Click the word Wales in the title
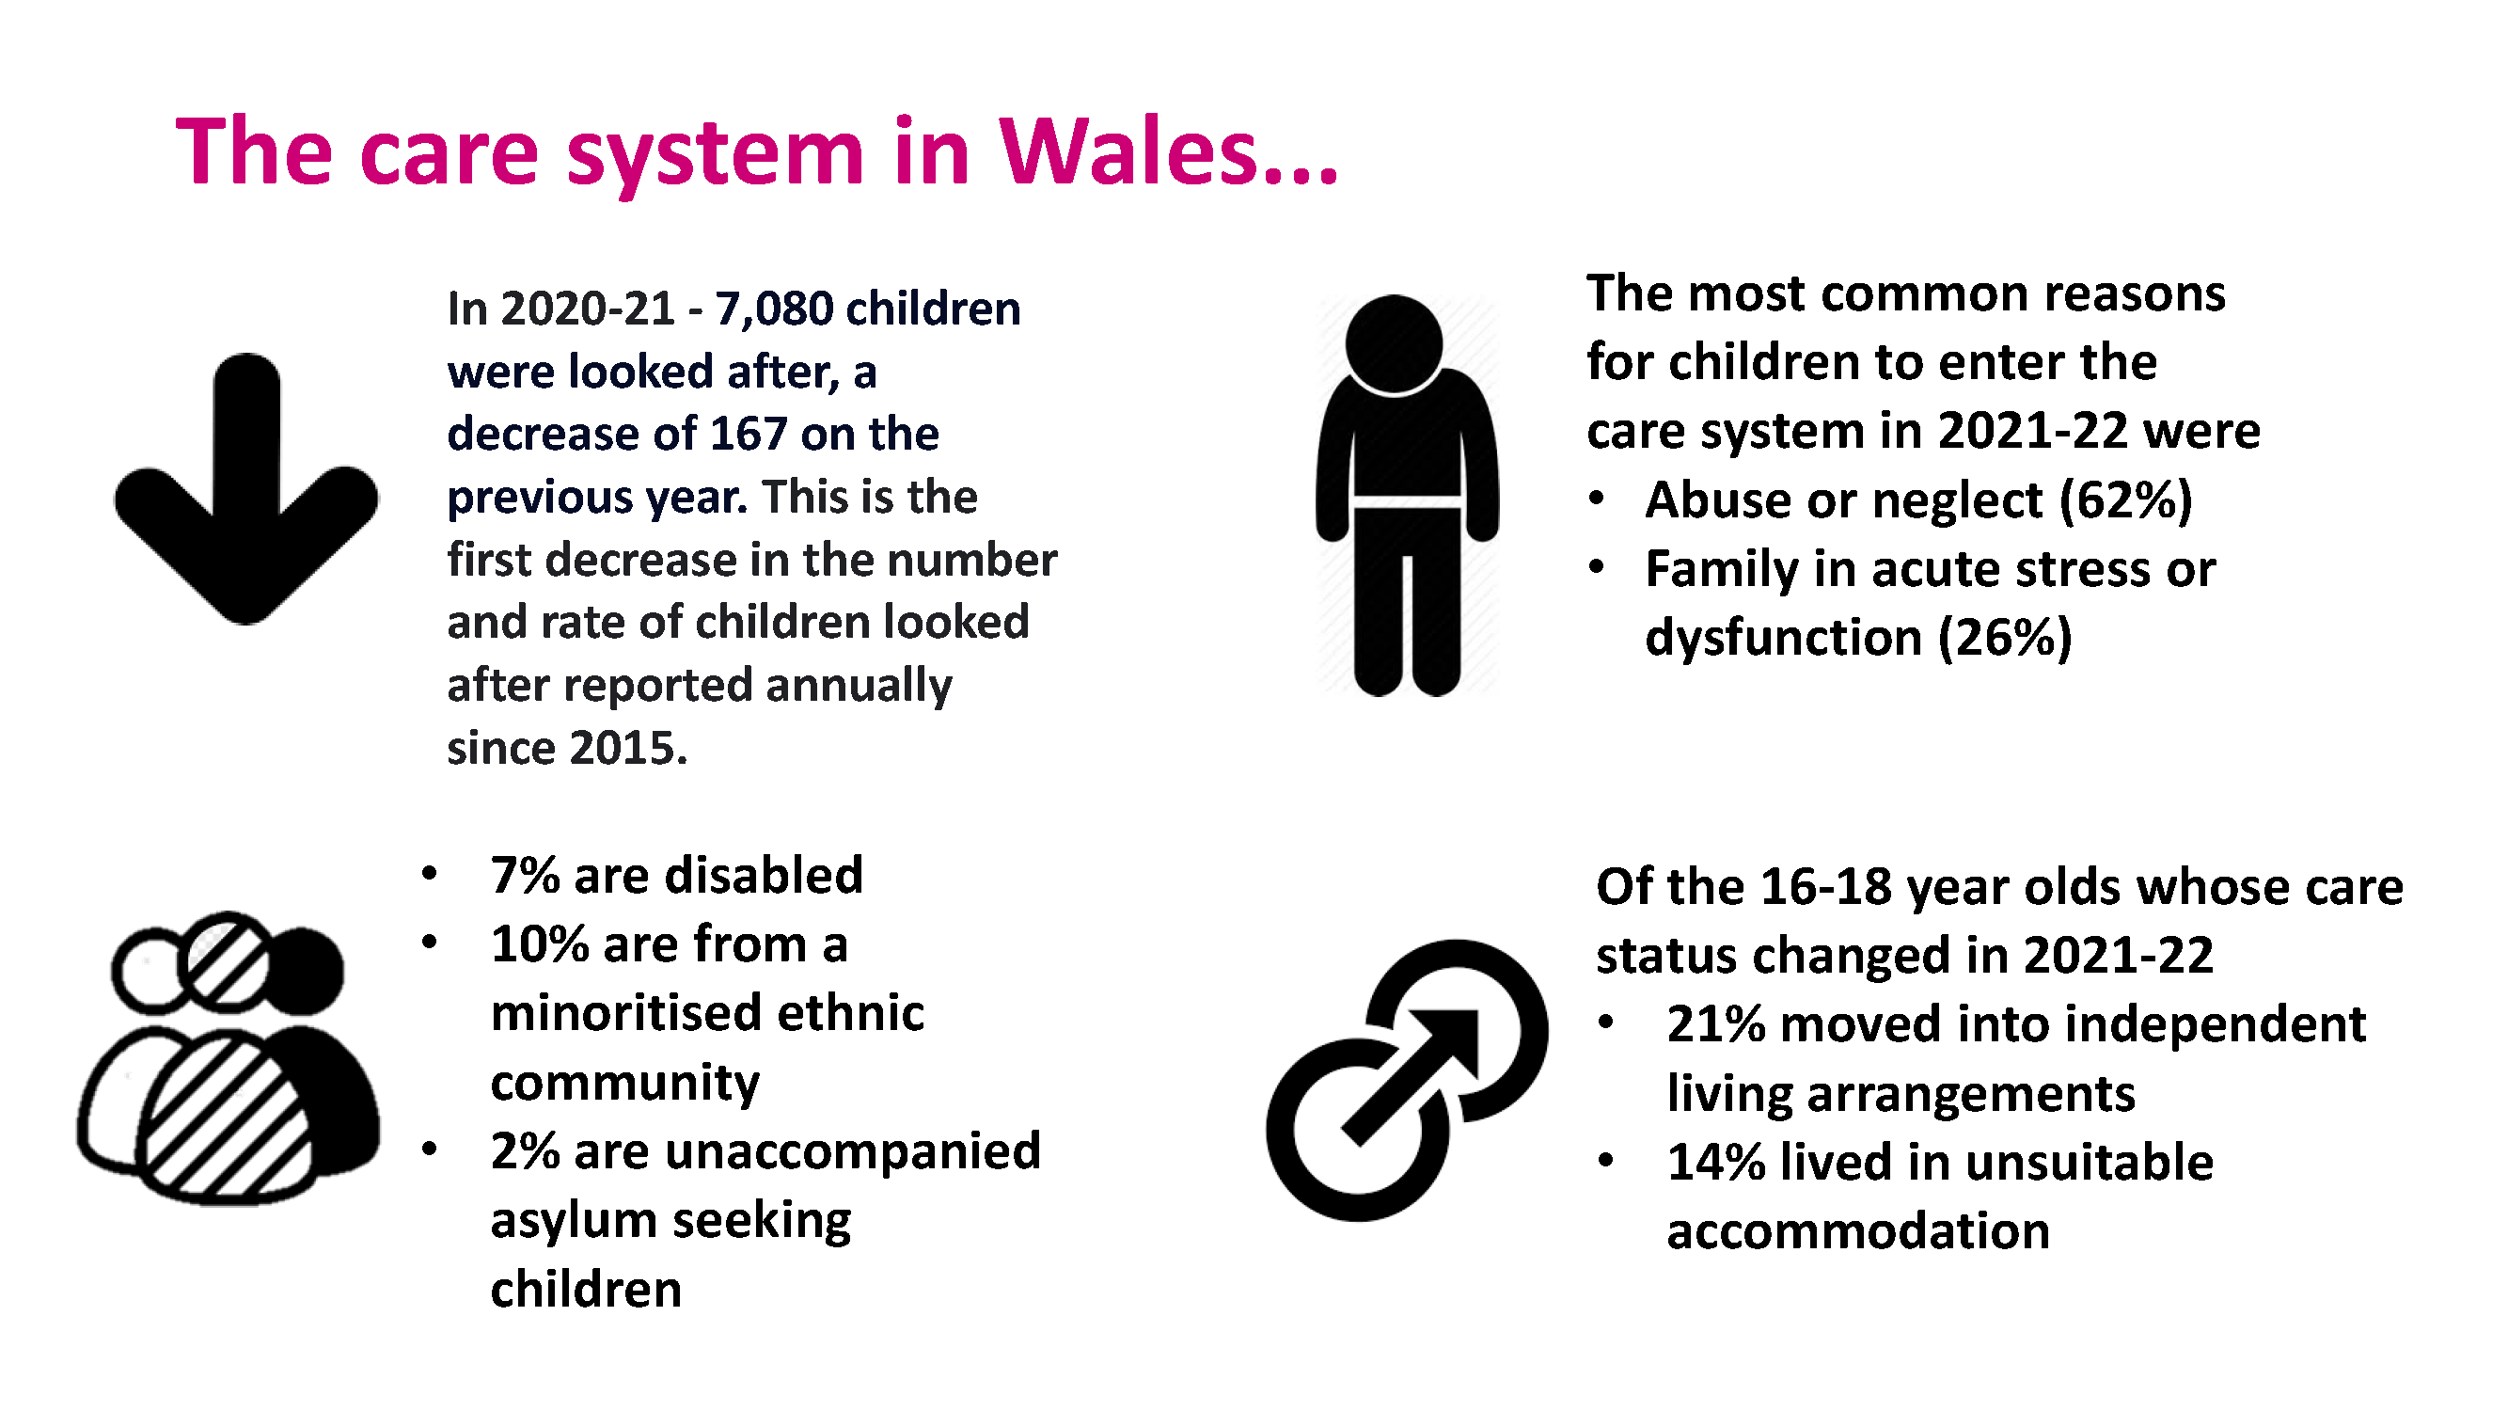pos(1129,151)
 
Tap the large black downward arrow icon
pos(246,488)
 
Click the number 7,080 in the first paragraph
pos(774,309)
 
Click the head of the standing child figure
pos(1394,342)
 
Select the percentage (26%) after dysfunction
pos(2005,638)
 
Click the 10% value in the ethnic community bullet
pos(540,943)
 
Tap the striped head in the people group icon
pos(227,960)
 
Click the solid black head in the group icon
pos(305,972)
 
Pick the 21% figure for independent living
pos(1715,1024)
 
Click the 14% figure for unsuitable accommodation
pos(1715,1163)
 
